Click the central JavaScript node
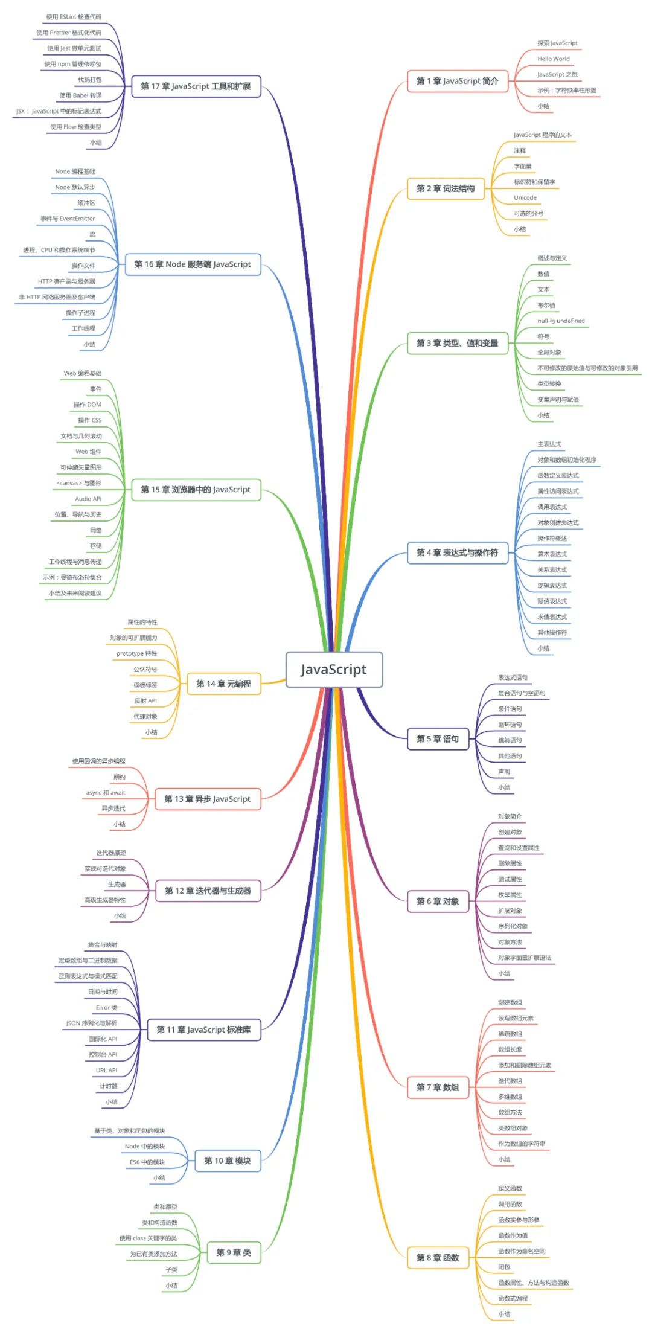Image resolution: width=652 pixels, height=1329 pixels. pos(334,670)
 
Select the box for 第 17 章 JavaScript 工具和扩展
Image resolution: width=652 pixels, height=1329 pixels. pos(196,86)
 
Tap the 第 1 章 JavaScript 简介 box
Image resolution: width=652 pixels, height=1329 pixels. pos(457,81)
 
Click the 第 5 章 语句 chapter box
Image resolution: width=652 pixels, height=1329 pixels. pos(438,738)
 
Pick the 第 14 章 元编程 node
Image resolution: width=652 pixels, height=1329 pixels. pos(223,684)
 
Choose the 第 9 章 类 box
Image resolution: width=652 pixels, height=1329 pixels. pos(234,1252)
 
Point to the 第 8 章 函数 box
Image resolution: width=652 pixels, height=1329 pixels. pos(438,1258)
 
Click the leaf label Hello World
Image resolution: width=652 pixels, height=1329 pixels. pos(554,59)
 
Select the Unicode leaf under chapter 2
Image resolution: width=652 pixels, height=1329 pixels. pos(525,198)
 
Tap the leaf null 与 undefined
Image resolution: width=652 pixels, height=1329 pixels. pos(561,321)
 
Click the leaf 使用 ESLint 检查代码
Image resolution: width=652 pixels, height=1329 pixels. pos(74,17)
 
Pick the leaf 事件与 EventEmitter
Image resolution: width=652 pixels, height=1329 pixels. pos(68,219)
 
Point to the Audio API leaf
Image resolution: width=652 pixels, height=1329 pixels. pos(88,499)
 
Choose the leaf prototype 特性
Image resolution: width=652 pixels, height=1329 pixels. pos(136,653)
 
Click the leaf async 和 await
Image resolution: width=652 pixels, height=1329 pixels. pos(106,793)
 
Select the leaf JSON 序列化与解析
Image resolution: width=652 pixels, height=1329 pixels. pos(92,1023)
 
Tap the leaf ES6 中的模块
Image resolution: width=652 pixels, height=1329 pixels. pos(147,1162)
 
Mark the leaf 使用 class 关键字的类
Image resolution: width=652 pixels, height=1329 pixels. pos(148,1238)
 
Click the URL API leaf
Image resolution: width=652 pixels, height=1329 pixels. pos(106,1071)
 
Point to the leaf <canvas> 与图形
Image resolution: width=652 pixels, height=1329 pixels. pos(79,483)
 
